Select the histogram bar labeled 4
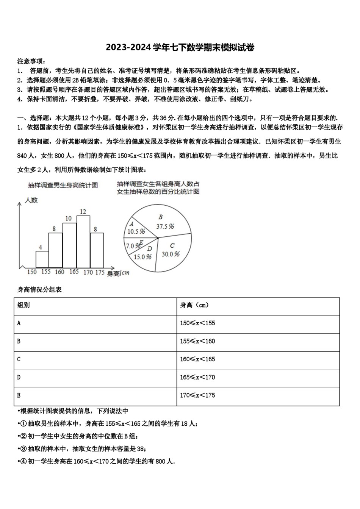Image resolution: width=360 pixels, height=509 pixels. tap(42, 259)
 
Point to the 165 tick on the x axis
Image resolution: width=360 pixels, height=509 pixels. tap(74, 272)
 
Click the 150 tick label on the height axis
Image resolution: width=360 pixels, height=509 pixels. tap(32, 272)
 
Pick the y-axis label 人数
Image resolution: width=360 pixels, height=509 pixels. tap(31, 200)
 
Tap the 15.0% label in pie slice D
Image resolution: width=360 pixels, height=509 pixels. tap(142, 257)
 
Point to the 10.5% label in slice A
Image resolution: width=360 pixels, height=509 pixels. tap(136, 231)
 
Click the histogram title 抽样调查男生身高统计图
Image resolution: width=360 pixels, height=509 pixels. tap(63, 185)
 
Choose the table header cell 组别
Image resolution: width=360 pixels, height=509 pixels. tap(23, 305)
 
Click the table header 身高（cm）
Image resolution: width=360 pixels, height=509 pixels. tap(194, 305)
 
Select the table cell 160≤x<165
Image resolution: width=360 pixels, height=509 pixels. tap(197, 359)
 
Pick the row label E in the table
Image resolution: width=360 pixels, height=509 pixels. tap(19, 395)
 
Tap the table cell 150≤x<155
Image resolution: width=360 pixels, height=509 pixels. tap(197, 323)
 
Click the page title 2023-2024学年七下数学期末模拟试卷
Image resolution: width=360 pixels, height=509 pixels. tap(180, 48)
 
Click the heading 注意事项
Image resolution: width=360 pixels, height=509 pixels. tap(31, 61)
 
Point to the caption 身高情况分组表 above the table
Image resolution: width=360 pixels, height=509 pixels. tap(39, 290)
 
